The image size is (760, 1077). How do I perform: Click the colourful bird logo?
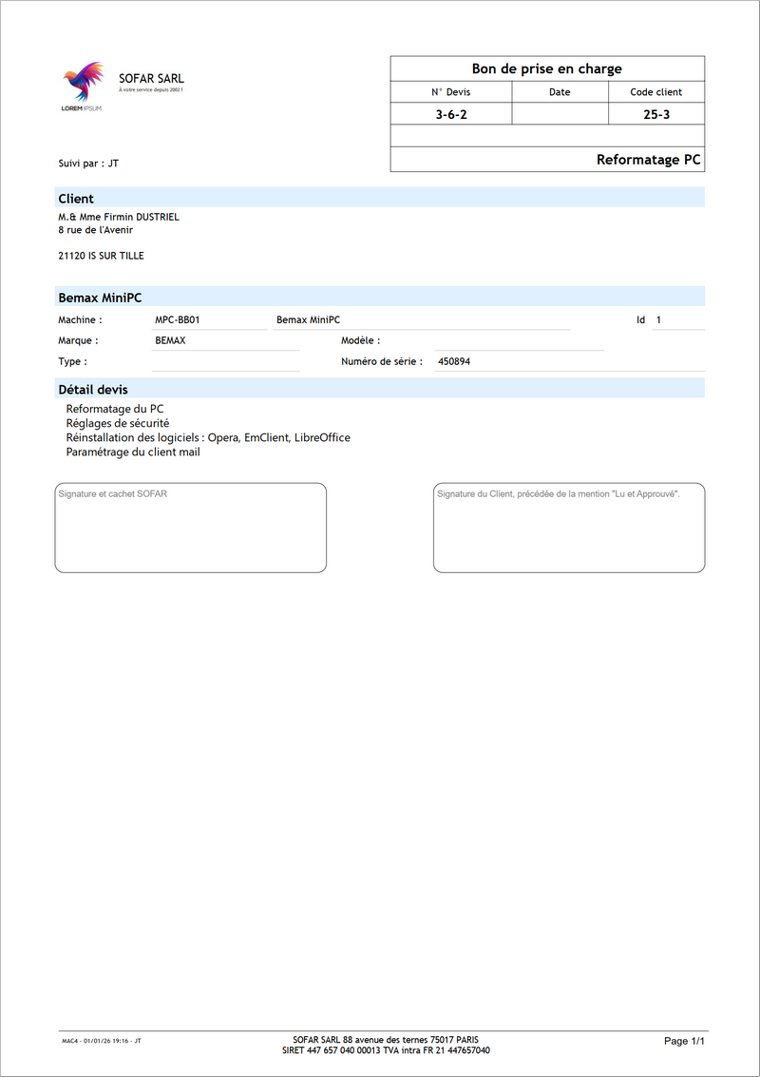click(x=82, y=83)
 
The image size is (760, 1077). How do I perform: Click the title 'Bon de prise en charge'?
click(x=546, y=68)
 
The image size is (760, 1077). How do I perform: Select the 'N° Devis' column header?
click(x=450, y=92)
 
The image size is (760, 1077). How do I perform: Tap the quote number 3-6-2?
click(x=450, y=114)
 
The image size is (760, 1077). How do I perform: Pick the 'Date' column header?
click(x=560, y=92)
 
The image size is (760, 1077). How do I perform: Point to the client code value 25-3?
click(x=655, y=114)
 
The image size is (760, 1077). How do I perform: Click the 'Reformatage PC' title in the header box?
click(x=648, y=160)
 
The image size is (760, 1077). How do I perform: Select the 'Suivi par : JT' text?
click(x=88, y=163)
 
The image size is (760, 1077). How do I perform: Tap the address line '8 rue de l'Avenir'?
click(x=96, y=229)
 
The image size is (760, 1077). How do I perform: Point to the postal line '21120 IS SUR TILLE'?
click(x=101, y=256)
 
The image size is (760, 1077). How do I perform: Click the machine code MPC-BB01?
click(x=177, y=320)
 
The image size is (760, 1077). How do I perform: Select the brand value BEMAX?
click(x=170, y=340)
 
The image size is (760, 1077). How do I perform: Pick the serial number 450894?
click(x=454, y=362)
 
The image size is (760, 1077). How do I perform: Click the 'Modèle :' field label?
click(x=360, y=340)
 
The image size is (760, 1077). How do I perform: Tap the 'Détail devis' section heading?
click(x=93, y=390)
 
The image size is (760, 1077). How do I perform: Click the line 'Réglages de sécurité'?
click(x=118, y=423)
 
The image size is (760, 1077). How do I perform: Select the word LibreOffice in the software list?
click(x=322, y=437)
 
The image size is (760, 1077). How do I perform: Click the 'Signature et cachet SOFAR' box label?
click(x=112, y=494)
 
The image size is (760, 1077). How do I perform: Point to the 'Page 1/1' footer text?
click(x=684, y=1041)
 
